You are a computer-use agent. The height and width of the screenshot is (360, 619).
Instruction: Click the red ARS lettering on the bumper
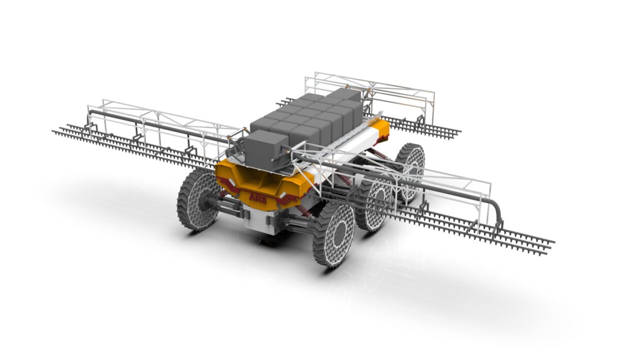tap(258, 198)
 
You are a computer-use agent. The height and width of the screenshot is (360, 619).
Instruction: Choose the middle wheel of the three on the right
tap(374, 204)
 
